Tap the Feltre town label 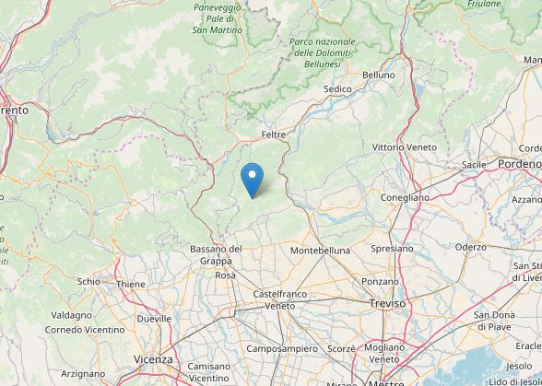[x=274, y=135]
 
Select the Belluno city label [x=378, y=75]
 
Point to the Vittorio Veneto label [x=402, y=147]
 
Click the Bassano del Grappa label [x=216, y=254]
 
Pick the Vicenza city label [x=153, y=358]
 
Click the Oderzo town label [x=470, y=247]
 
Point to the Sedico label [x=338, y=89]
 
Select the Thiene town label [x=131, y=285]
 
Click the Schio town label [x=88, y=282]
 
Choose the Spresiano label [x=391, y=249]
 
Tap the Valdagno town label [x=71, y=315]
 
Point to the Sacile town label [x=474, y=164]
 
